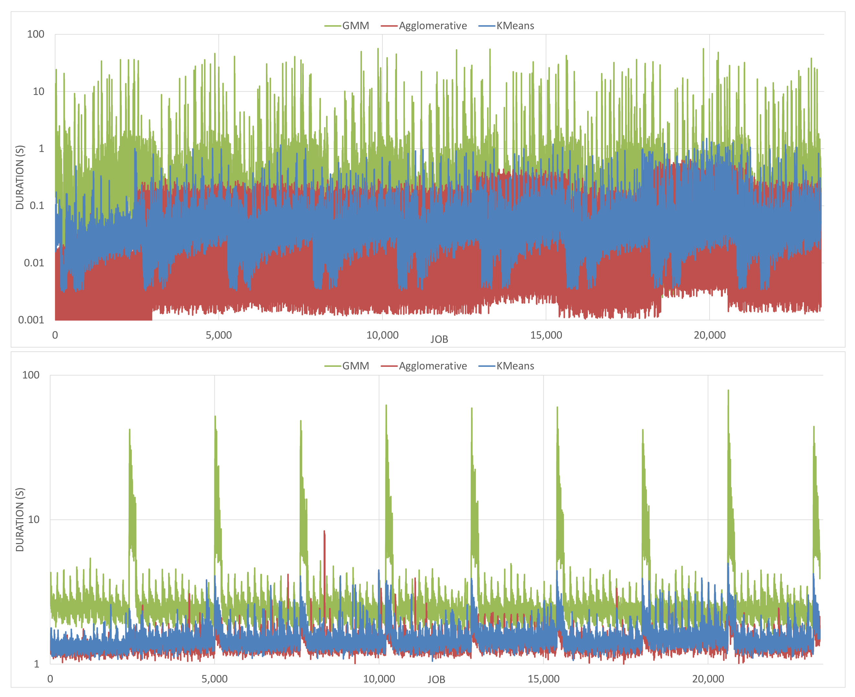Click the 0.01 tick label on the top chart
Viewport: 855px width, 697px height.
pos(34,263)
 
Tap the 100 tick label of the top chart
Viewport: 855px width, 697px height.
pos(35,34)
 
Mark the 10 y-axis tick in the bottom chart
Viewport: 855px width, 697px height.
pos(33,519)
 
